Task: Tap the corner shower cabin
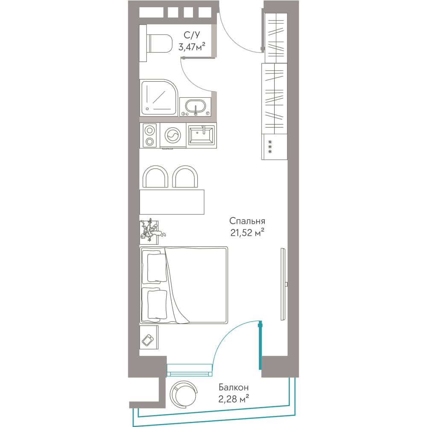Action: click(x=159, y=97)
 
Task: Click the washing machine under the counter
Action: click(x=173, y=136)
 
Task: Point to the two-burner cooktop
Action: click(x=149, y=136)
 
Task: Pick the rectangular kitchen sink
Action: click(x=202, y=135)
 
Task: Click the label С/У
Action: click(x=192, y=35)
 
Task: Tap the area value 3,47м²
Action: click(x=192, y=47)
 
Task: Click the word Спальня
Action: click(x=247, y=221)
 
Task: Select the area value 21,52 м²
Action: click(x=247, y=233)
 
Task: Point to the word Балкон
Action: click(x=234, y=387)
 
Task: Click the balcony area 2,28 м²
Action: click(x=234, y=399)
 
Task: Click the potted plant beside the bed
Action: click(x=152, y=231)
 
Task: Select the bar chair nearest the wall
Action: click(x=155, y=176)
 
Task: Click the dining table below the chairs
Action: click(x=172, y=202)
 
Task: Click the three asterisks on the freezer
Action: click(x=270, y=147)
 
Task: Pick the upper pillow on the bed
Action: click(x=157, y=267)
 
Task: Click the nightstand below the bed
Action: click(x=149, y=337)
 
